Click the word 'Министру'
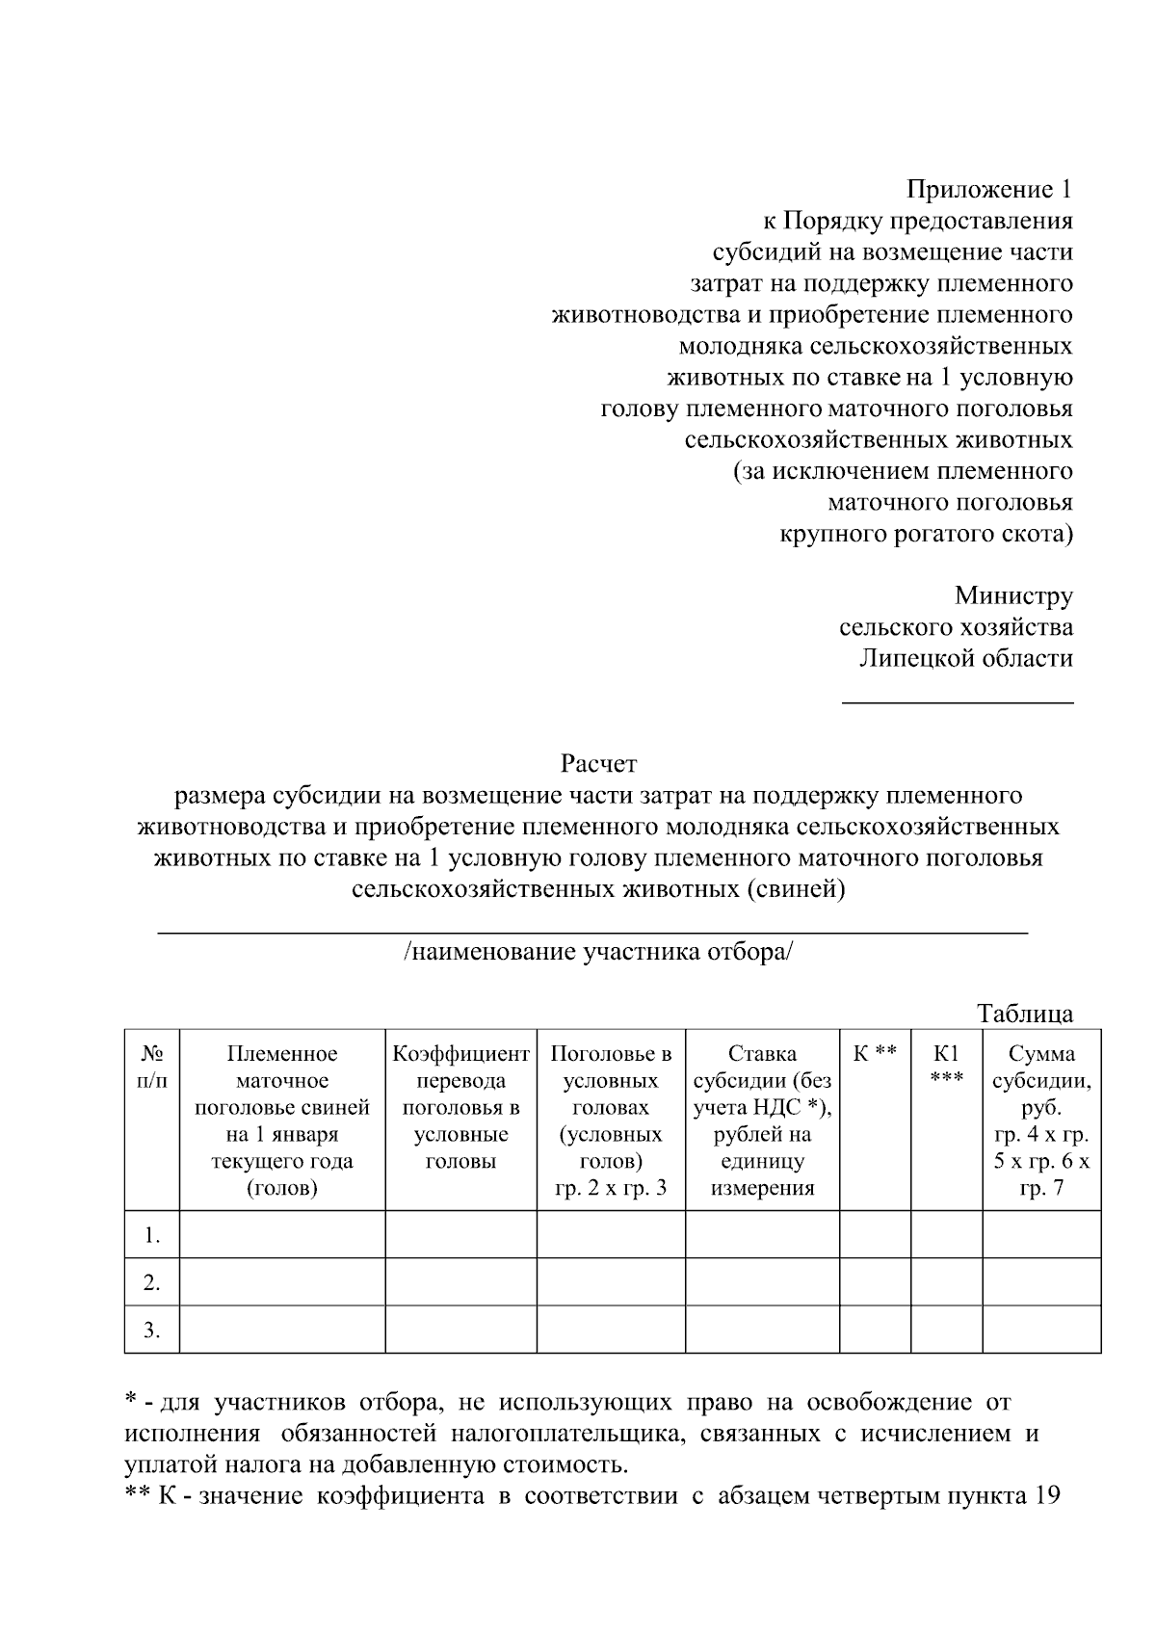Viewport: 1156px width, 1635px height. click(1013, 596)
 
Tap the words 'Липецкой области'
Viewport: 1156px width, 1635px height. click(965, 659)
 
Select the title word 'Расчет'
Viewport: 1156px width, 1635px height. click(598, 765)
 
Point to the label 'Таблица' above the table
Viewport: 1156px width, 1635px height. click(1024, 1014)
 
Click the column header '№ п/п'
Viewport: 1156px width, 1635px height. click(152, 1068)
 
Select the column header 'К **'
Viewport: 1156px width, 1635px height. click(875, 1054)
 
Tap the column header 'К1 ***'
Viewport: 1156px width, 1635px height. click(946, 1068)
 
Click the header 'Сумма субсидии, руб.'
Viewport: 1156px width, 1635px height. click(1041, 1080)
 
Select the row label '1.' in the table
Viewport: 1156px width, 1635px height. click(152, 1235)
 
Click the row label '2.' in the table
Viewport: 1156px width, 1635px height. click(152, 1282)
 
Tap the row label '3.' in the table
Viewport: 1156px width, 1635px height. click(152, 1331)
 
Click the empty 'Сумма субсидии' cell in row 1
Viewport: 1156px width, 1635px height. click(1041, 1235)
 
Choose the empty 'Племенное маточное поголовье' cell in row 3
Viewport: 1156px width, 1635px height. click(282, 1331)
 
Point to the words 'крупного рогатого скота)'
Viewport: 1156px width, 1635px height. click(926, 534)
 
